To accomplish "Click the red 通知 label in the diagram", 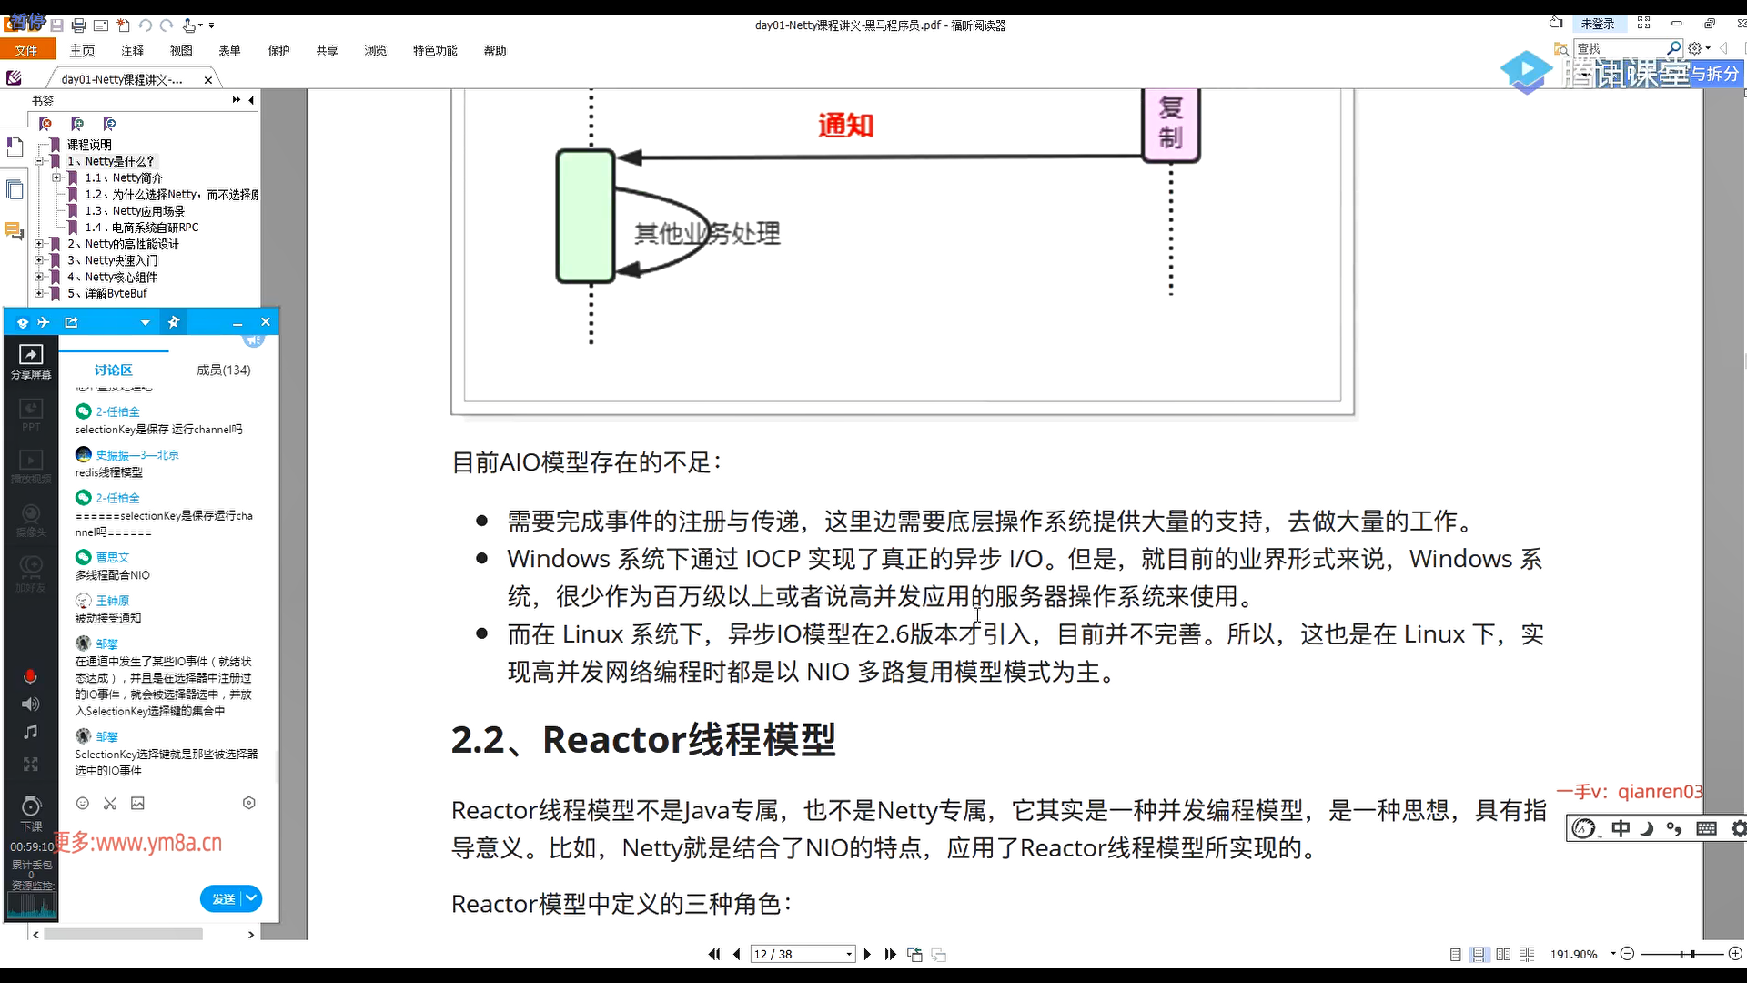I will click(845, 125).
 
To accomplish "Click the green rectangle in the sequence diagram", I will click(585, 216).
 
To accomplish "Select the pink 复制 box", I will click(1171, 124).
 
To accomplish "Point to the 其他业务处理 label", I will click(707, 234).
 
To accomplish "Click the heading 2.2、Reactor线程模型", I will click(643, 739).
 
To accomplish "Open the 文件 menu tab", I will click(26, 50).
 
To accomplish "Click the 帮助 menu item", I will click(495, 50).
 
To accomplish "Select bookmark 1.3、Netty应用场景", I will click(135, 210).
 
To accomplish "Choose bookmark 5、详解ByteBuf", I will click(107, 293).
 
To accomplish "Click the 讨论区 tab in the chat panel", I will click(113, 370).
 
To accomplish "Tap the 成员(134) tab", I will click(223, 370).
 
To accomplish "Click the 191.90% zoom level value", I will click(1573, 954).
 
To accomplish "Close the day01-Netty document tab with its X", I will click(208, 80).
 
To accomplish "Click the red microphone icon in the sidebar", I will click(30, 676).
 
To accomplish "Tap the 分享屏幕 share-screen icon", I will click(31, 360).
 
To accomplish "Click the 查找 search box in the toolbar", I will click(1620, 48).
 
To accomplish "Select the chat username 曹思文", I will click(113, 557).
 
